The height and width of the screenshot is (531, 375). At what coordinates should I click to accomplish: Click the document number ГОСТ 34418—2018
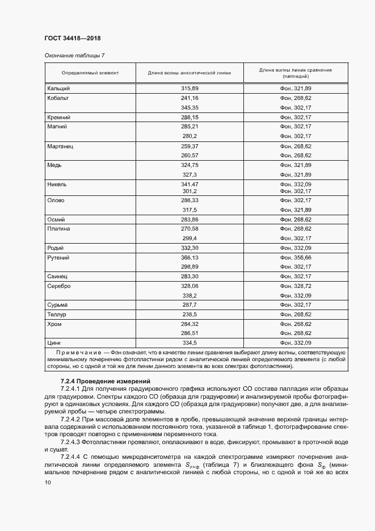click(72, 39)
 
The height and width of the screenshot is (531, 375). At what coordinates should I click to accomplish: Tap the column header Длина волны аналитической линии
click(189, 73)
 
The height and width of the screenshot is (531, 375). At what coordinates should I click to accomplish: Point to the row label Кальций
click(59, 89)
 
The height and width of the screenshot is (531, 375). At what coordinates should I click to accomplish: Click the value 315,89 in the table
click(189, 89)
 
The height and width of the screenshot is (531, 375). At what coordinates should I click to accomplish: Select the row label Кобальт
click(58, 98)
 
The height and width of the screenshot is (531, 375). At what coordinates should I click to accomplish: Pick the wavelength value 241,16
click(189, 98)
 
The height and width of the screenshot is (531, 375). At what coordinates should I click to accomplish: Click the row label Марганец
click(61, 146)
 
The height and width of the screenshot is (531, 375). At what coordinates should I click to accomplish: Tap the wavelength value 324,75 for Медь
click(189, 165)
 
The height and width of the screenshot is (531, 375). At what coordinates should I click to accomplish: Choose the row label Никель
click(58, 185)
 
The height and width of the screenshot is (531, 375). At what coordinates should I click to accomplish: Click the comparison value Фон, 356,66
click(296, 257)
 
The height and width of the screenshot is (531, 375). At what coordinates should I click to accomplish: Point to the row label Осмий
click(57, 219)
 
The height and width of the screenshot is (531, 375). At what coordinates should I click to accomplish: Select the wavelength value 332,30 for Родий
click(189, 248)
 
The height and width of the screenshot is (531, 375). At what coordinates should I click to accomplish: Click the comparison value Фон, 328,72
click(296, 286)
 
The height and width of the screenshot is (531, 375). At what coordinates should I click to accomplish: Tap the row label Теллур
click(57, 314)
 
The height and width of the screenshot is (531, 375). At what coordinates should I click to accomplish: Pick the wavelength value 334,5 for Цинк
click(189, 343)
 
